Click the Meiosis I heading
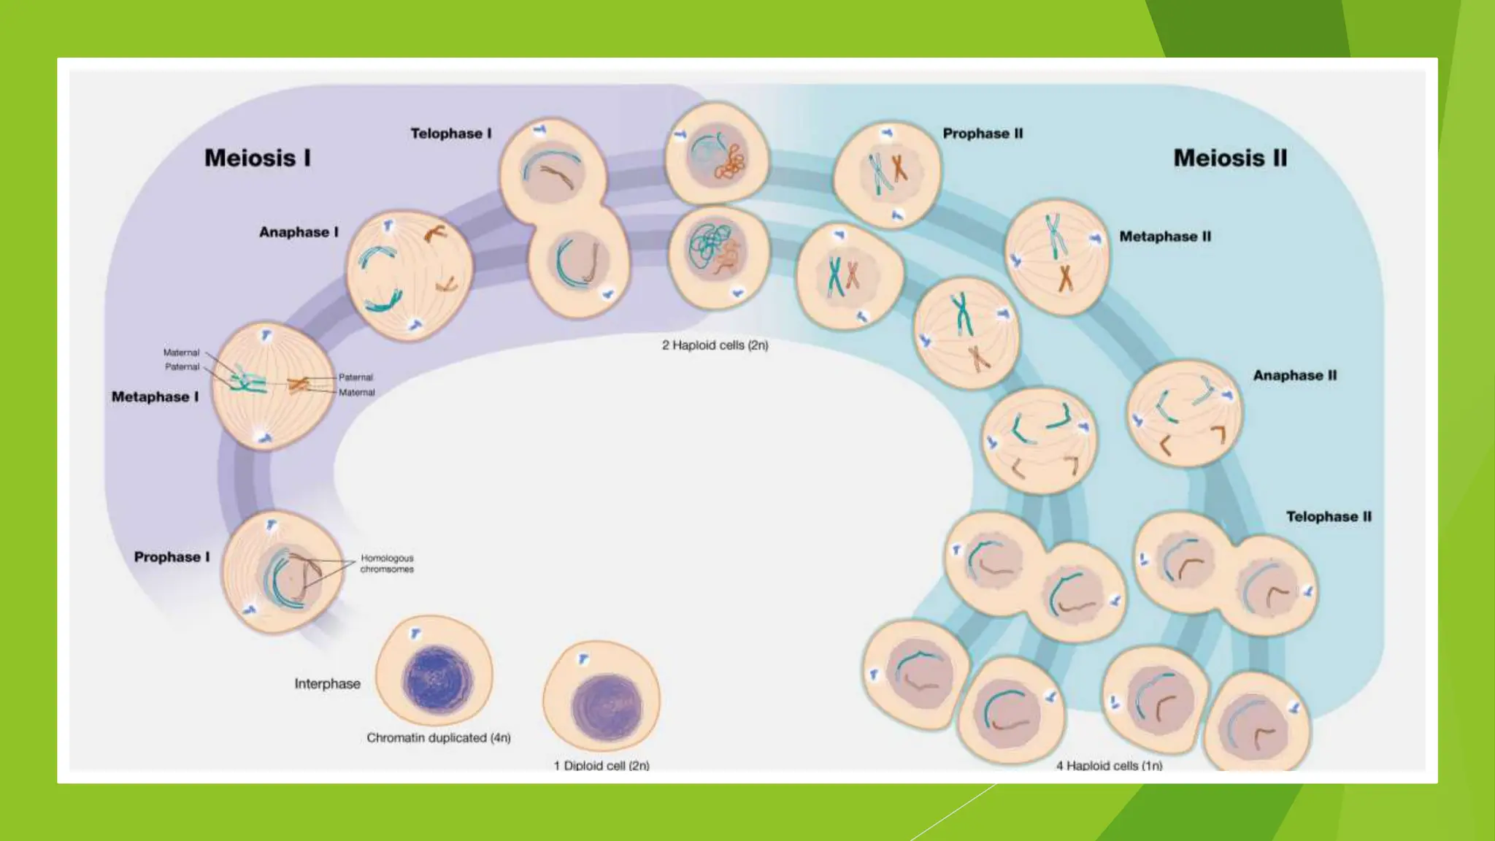[257, 158]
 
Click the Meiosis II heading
[1230, 158]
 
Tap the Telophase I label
[450, 134]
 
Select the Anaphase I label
[299, 232]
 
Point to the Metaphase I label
[155, 397]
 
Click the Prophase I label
[172, 557]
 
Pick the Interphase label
[327, 684]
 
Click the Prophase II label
[983, 134]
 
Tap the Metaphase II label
[1165, 237]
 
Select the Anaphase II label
[1295, 375]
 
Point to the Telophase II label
[1329, 517]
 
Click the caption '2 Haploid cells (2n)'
[715, 345]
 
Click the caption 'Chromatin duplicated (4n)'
[438, 738]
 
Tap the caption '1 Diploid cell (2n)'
[602, 765]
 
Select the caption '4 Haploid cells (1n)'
[1109, 765]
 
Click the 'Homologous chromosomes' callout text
[387, 564]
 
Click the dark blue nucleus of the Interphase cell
[437, 680]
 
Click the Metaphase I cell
[272, 385]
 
